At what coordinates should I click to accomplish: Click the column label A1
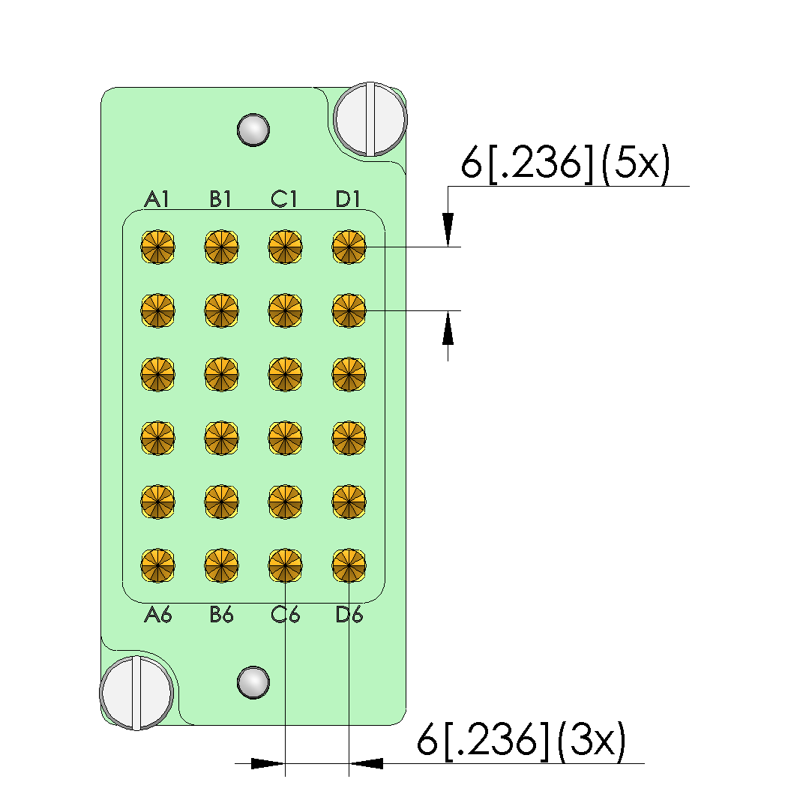[157, 199]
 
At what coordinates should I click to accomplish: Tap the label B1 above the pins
[221, 199]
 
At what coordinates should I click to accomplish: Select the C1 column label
[285, 199]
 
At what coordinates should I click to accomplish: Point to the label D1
[349, 199]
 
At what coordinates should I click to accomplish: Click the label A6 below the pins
[158, 616]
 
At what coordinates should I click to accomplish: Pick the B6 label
[222, 616]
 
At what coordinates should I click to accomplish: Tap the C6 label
[286, 616]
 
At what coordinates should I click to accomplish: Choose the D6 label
[349, 616]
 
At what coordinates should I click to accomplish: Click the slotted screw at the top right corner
[370, 118]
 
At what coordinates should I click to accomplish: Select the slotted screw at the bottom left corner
[137, 693]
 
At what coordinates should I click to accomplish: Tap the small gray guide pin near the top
[253, 129]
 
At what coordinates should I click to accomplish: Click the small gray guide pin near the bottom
[253, 682]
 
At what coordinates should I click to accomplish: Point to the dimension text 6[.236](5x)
[565, 164]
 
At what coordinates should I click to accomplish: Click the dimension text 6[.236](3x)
[521, 742]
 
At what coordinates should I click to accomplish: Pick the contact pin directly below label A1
[158, 247]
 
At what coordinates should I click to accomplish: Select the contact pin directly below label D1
[349, 247]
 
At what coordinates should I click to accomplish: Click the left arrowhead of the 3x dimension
[268, 764]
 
